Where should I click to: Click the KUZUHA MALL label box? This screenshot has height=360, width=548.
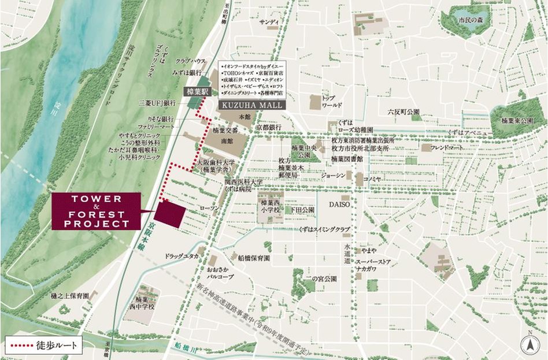pyautogui.click(x=250, y=106)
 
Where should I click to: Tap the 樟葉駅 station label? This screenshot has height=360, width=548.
pyautogui.click(x=196, y=91)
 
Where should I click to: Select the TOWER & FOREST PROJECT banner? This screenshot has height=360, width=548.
pyautogui.click(x=96, y=211)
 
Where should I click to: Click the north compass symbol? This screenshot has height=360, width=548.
pyautogui.click(x=527, y=344)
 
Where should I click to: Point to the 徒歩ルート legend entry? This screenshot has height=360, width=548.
pyautogui.click(x=43, y=346)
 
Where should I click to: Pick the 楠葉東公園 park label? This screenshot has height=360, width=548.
pyautogui.click(x=516, y=121)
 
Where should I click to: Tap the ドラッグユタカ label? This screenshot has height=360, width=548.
pyautogui.click(x=182, y=255)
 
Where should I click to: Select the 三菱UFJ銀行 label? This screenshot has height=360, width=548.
pyautogui.click(x=157, y=103)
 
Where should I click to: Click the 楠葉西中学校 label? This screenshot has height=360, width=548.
pyautogui.click(x=143, y=303)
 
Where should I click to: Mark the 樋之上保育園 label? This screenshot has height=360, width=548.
pyautogui.click(x=70, y=295)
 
